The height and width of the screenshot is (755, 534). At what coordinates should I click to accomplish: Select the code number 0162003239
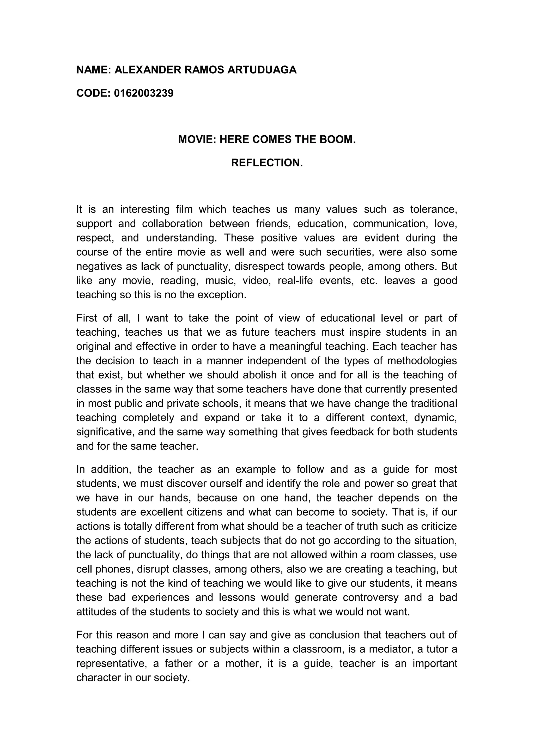(x=144, y=93)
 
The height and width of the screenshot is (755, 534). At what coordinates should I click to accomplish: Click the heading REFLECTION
(x=267, y=163)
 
